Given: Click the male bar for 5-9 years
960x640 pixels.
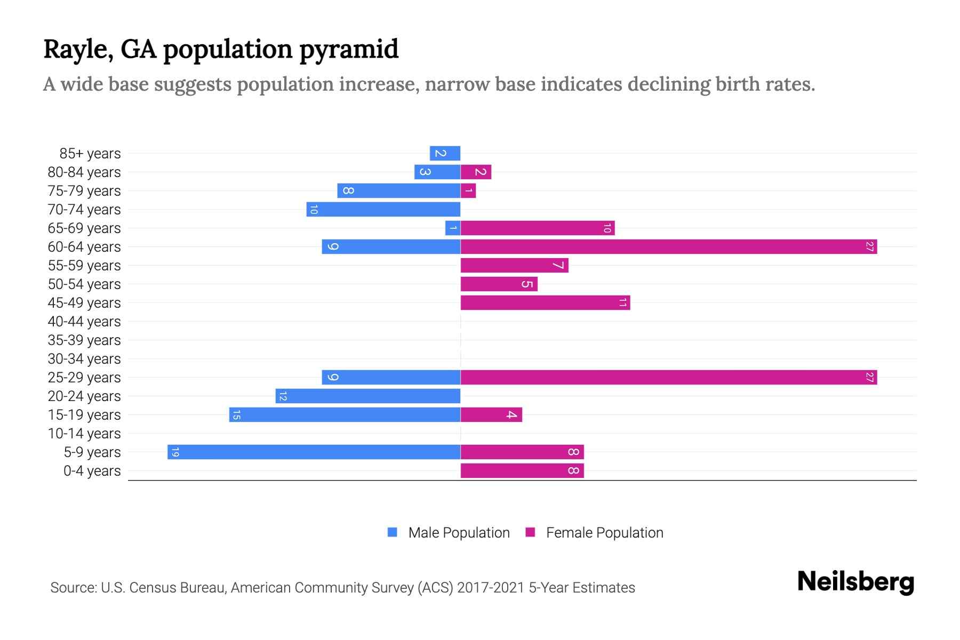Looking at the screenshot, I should [x=314, y=452].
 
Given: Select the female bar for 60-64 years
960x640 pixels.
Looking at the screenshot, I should [x=668, y=246].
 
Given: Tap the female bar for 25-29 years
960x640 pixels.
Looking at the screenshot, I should [x=668, y=377].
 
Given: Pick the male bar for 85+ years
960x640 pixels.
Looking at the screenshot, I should [x=445, y=153].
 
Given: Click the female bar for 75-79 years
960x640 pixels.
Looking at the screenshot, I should [x=468, y=190].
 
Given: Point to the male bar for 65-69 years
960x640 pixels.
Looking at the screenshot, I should [x=453, y=228].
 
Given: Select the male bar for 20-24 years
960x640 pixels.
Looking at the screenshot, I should [x=368, y=396].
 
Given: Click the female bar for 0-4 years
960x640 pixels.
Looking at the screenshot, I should [x=522, y=470].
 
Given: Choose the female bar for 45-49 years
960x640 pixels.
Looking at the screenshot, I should [x=545, y=302].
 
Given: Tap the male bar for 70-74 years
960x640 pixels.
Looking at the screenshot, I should [x=383, y=209].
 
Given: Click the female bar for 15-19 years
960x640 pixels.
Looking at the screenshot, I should [x=491, y=414].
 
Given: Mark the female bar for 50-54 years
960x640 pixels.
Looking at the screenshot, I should [x=499, y=284].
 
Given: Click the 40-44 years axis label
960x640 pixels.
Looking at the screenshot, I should [x=84, y=322].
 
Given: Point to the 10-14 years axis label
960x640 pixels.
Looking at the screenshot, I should [x=84, y=434].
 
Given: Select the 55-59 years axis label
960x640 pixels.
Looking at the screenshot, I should [x=84, y=266].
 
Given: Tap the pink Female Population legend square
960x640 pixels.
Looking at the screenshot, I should [x=530, y=532].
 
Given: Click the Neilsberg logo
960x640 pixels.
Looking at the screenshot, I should [x=855, y=582].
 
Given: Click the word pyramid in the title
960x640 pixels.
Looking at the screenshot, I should [x=349, y=49].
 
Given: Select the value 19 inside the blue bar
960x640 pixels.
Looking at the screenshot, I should [x=175, y=452].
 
